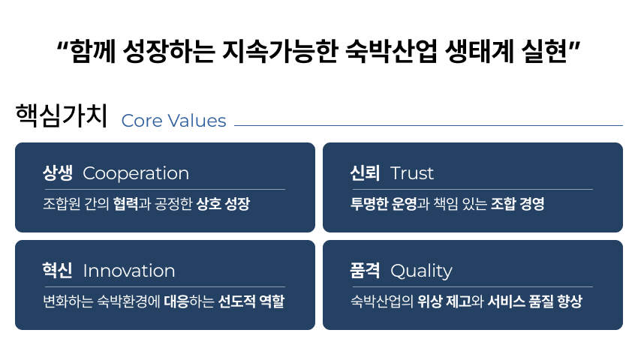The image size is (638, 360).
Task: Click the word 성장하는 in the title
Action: (169, 52)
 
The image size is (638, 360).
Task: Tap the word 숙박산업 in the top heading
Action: (390, 52)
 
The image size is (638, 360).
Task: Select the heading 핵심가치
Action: (62, 115)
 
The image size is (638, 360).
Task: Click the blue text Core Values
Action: (173, 121)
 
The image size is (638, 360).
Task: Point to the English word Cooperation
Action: (136, 174)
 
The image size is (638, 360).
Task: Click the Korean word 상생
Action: (58, 173)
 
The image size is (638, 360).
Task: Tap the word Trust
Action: (412, 173)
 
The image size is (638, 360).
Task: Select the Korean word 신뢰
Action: (365, 173)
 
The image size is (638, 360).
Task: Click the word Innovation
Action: (129, 271)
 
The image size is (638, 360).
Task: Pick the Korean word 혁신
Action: (57, 271)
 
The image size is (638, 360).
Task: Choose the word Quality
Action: (421, 271)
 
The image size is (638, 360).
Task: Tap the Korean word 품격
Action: (365, 271)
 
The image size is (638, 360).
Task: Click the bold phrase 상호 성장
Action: (223, 204)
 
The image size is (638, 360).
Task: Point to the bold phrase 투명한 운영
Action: (384, 204)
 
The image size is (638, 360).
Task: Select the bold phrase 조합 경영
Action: (518, 204)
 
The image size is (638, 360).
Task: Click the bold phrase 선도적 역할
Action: (251, 301)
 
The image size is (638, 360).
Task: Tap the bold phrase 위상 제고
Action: (444, 301)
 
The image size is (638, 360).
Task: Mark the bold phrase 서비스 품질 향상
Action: (534, 301)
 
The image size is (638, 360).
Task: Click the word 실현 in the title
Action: (544, 52)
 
